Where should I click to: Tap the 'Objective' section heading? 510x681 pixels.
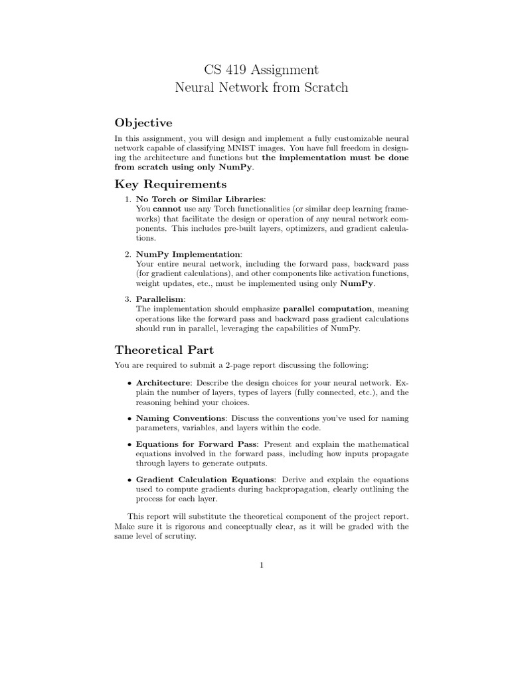(x=143, y=122)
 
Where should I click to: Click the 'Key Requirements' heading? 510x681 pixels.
(x=171, y=184)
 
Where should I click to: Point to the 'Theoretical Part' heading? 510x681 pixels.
(x=164, y=350)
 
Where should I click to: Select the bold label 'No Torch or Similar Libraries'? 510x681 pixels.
(x=200, y=199)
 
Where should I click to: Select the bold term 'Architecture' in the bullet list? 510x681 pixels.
(x=163, y=383)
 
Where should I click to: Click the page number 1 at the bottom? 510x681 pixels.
(x=262, y=565)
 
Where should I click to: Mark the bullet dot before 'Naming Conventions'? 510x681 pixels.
(x=128, y=418)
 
